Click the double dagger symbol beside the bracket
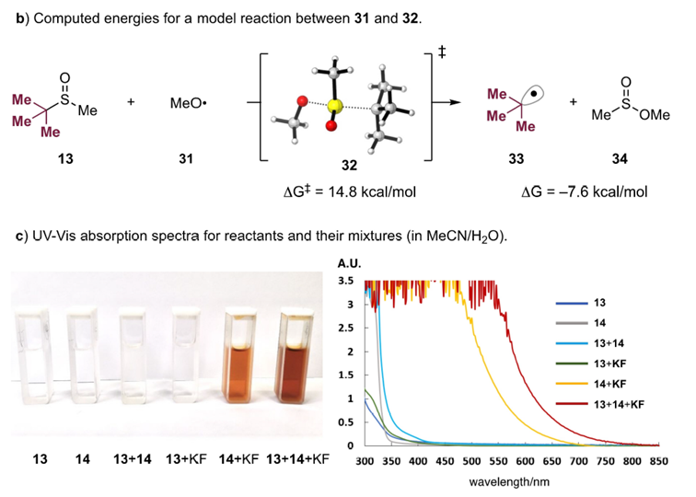click(443, 56)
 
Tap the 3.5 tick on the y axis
click(349, 281)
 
